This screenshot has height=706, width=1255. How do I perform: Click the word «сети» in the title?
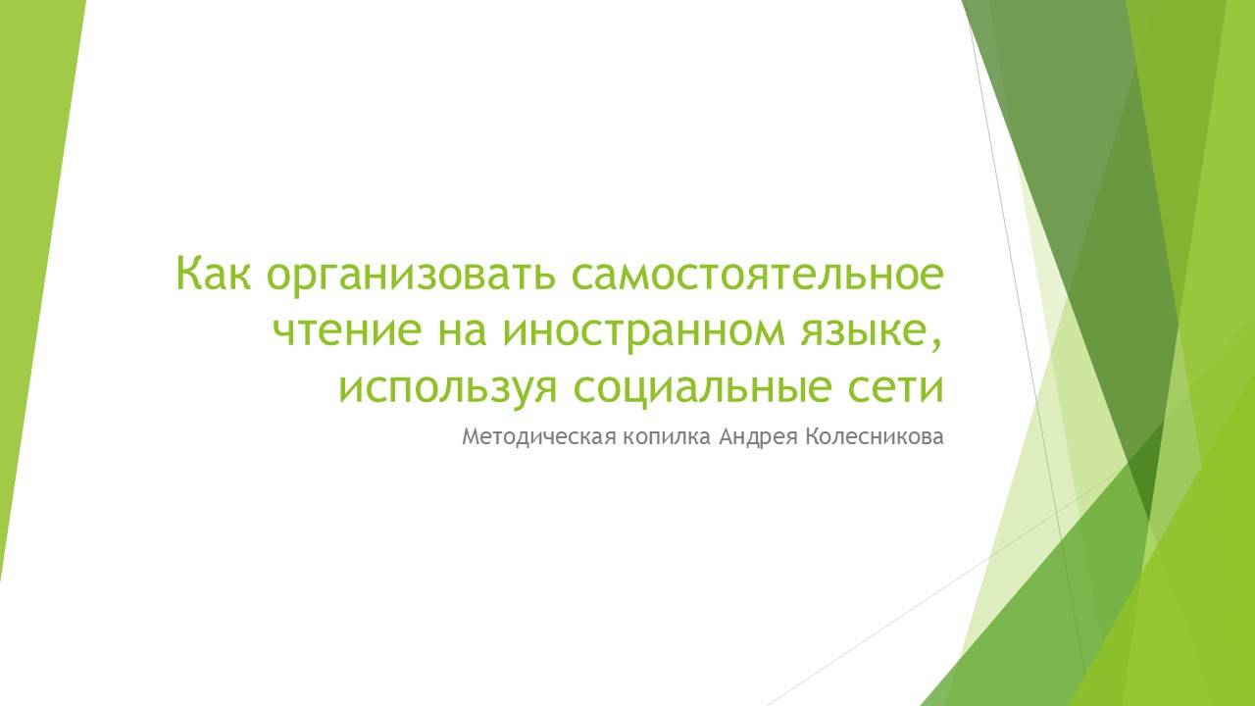894,387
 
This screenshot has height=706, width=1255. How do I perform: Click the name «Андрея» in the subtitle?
758,437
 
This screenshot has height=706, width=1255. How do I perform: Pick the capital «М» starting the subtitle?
471,437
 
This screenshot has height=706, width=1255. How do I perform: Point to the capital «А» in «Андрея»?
727,437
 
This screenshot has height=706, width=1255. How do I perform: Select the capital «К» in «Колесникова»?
810,437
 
